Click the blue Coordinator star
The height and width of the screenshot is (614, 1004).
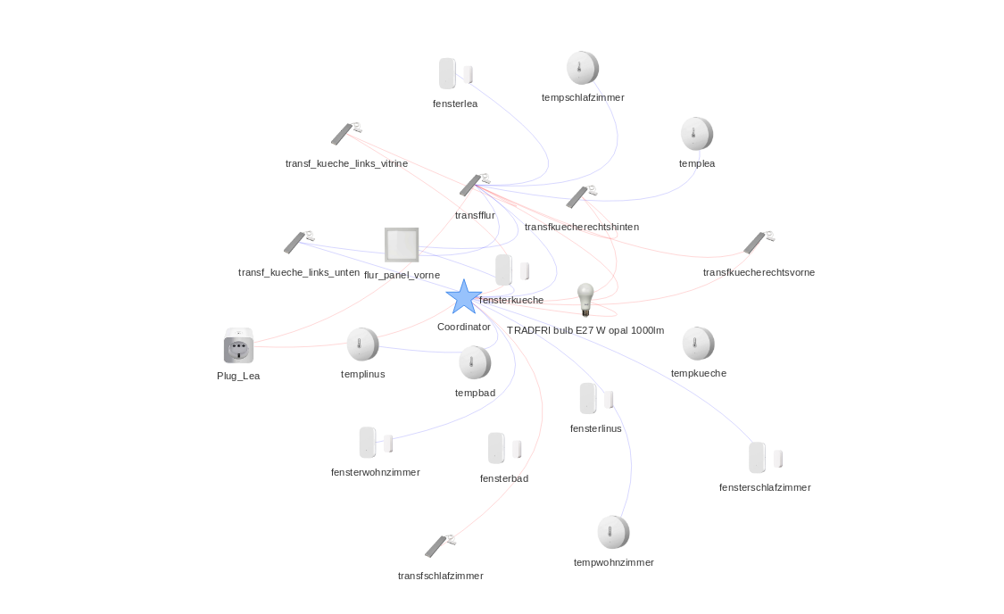click(x=463, y=297)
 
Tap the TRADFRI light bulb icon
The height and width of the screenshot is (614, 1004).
click(x=585, y=299)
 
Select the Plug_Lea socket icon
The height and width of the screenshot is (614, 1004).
click(x=238, y=346)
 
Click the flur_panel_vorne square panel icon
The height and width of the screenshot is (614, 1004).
click(x=401, y=245)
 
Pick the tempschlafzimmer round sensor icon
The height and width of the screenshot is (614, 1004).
click(x=582, y=68)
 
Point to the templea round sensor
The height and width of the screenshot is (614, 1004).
click(x=696, y=134)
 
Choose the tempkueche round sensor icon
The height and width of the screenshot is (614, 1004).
click(x=698, y=344)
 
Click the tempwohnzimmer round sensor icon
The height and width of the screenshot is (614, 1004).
click(x=613, y=532)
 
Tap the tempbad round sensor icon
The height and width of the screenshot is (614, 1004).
click(x=475, y=362)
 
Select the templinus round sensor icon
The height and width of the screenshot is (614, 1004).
click(x=362, y=344)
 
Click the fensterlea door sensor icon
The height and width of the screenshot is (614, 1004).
click(x=454, y=73)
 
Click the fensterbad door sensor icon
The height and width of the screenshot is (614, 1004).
click(x=503, y=448)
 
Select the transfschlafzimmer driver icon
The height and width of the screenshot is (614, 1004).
click(x=440, y=545)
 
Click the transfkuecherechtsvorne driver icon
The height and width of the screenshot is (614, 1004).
click(x=759, y=242)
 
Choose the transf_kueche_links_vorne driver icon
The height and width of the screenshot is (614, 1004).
click(x=346, y=134)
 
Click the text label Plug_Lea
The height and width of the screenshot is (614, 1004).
click(x=238, y=376)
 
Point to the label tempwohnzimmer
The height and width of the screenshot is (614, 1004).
click(x=613, y=562)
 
